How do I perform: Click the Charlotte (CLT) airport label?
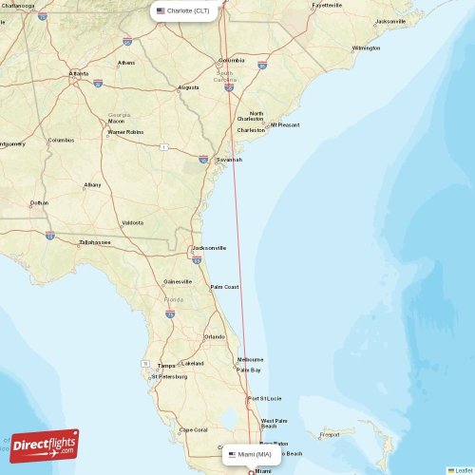click(x=188, y=10)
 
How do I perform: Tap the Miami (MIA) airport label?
click(x=255, y=455)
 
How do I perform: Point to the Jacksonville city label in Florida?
click(x=209, y=248)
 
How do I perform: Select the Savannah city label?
click(x=228, y=160)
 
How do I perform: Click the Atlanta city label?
click(x=78, y=73)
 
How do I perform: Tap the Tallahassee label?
click(x=95, y=242)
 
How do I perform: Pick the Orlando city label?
click(x=215, y=336)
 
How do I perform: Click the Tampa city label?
click(x=166, y=365)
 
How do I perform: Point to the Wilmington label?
click(x=366, y=47)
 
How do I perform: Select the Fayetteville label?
click(x=327, y=5)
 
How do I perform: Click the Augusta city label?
click(x=188, y=87)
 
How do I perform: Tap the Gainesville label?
click(x=178, y=281)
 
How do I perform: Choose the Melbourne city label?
click(x=251, y=359)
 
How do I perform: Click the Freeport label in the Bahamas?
click(x=330, y=435)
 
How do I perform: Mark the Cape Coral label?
click(x=194, y=429)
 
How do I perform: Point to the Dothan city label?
click(x=39, y=202)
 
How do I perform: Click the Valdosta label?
click(x=132, y=222)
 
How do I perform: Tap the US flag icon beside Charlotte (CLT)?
click(x=161, y=10)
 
